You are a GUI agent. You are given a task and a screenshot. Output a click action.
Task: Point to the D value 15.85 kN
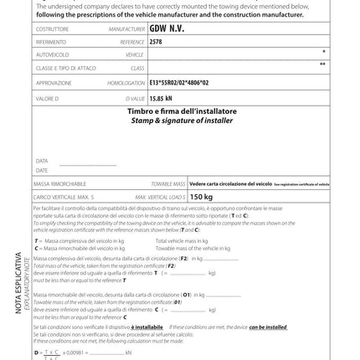[161, 98]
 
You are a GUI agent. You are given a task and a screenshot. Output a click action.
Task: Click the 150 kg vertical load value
[202, 197]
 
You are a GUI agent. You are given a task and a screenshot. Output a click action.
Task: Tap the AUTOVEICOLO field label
[52, 54]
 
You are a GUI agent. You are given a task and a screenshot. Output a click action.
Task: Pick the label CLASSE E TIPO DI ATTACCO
[64, 69]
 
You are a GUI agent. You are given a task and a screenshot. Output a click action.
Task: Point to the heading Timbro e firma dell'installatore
[182, 111]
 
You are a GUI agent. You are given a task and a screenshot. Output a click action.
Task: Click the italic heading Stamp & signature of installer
[182, 121]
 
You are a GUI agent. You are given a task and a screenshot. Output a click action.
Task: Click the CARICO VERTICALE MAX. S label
[64, 197]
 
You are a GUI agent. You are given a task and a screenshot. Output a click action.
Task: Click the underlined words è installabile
[147, 327]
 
